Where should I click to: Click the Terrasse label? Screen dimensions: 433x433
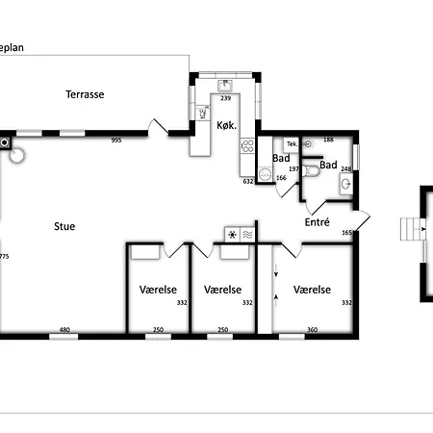tap(85, 94)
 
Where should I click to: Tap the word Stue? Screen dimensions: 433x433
tap(64, 226)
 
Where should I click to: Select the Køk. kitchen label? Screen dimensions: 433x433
tap(226, 126)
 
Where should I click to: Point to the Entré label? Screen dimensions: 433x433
tap(318, 221)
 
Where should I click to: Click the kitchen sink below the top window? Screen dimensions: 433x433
tap(225, 85)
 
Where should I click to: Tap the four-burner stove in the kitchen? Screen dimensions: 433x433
tap(246, 147)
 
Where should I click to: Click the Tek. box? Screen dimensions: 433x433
tap(292, 143)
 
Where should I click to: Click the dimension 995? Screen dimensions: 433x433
tap(116, 140)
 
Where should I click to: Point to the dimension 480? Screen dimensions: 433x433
tap(65, 331)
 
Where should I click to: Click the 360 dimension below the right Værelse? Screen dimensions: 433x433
tap(312, 331)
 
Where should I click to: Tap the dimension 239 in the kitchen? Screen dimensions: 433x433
tap(226, 98)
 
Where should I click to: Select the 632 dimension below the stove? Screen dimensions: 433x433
tap(247, 180)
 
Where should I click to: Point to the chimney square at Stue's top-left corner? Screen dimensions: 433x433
tap(7, 142)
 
